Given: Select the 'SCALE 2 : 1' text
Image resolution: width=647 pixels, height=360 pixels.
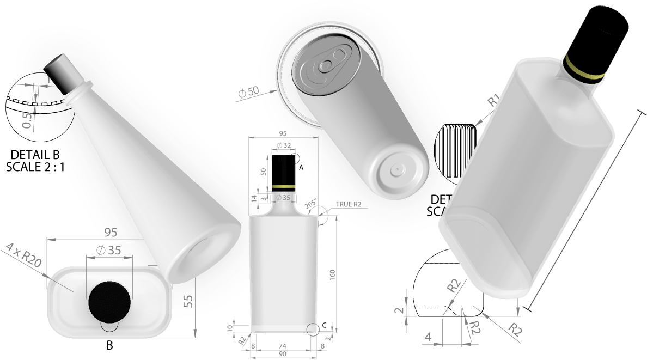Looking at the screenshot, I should pyautogui.click(x=35, y=167).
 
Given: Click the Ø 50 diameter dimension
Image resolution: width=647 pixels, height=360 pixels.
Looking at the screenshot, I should pyautogui.click(x=248, y=92).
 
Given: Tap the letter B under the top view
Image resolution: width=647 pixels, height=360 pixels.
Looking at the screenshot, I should pyautogui.click(x=109, y=345).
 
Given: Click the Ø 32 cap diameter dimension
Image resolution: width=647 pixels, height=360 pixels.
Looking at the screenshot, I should pyautogui.click(x=283, y=145).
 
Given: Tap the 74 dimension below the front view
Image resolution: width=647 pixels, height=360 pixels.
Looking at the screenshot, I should pyautogui.click(x=282, y=346).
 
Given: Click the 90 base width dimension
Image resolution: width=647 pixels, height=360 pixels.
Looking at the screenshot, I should pyautogui.click(x=282, y=355).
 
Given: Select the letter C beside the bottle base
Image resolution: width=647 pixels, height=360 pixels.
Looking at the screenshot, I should pyautogui.click(x=324, y=325).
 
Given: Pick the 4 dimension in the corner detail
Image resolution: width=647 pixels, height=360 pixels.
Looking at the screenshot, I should pyautogui.click(x=428, y=337).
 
